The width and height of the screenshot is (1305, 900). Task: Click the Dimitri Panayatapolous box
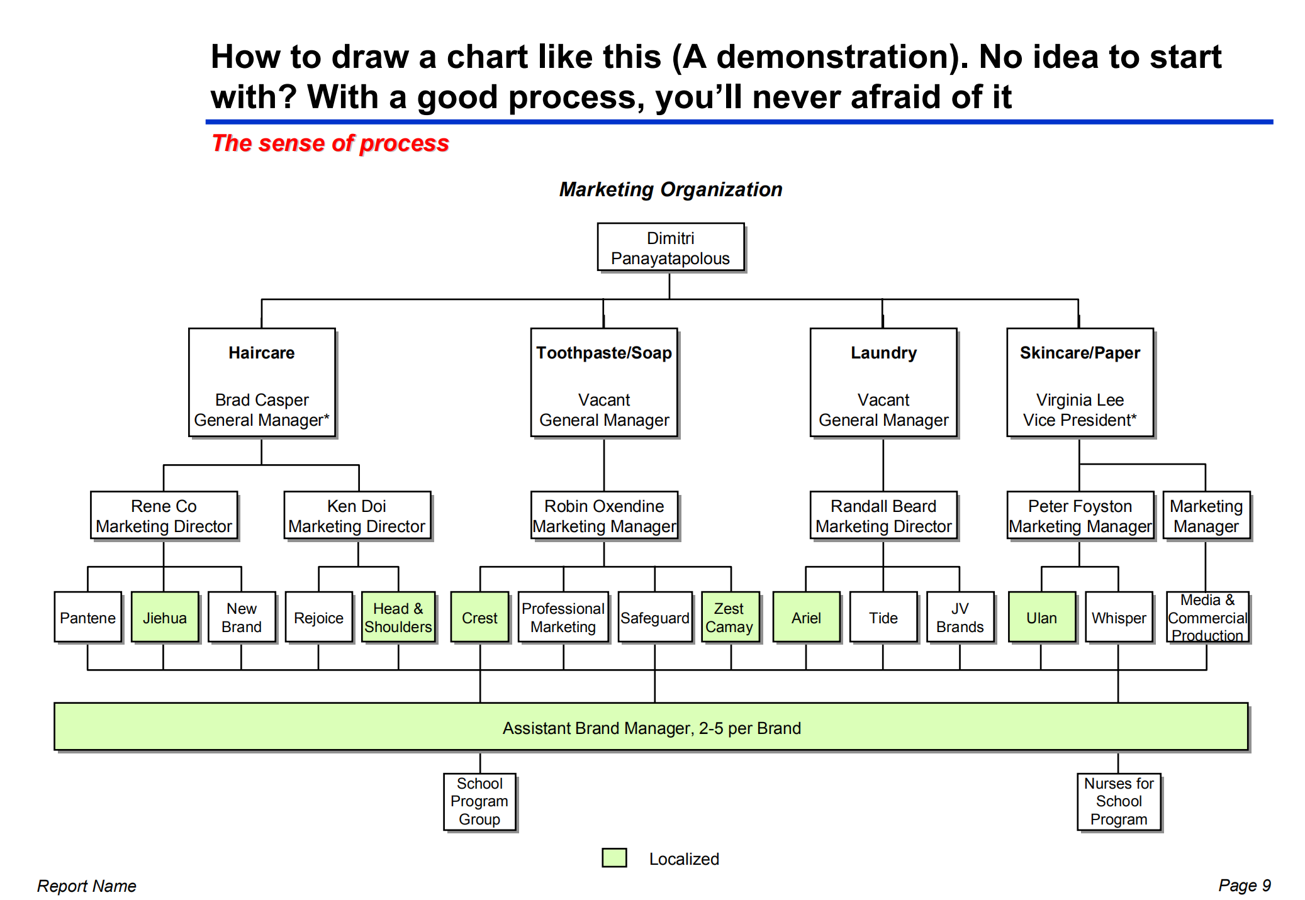tap(670, 247)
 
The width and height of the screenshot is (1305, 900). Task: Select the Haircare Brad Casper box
tap(262, 382)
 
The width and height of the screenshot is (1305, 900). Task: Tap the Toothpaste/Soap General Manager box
tap(604, 382)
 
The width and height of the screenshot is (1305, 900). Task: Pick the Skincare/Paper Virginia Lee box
tap(1080, 382)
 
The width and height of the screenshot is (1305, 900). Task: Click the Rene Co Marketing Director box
tap(164, 516)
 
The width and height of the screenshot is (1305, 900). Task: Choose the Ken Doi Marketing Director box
tap(357, 516)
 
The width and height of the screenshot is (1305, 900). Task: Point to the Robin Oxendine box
tap(604, 516)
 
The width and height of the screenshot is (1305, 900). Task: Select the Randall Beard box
tap(883, 516)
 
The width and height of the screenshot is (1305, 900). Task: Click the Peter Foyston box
tap(1080, 516)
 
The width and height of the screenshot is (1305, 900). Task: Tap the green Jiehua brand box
tap(165, 617)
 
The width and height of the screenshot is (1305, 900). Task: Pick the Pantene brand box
tap(87, 617)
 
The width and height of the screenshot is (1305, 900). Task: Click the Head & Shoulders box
tap(398, 617)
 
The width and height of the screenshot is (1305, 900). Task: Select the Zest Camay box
tap(730, 617)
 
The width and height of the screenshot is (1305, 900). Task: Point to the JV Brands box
tap(960, 617)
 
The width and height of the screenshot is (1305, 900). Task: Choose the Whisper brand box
tap(1119, 617)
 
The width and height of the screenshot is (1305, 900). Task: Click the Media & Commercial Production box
tap(1207, 617)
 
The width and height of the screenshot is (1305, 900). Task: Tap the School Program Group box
tap(479, 801)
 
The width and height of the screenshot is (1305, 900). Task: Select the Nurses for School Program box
tap(1119, 801)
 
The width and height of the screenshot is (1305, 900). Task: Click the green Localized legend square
tap(614, 858)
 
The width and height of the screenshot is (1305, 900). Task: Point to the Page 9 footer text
tap(1244, 885)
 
